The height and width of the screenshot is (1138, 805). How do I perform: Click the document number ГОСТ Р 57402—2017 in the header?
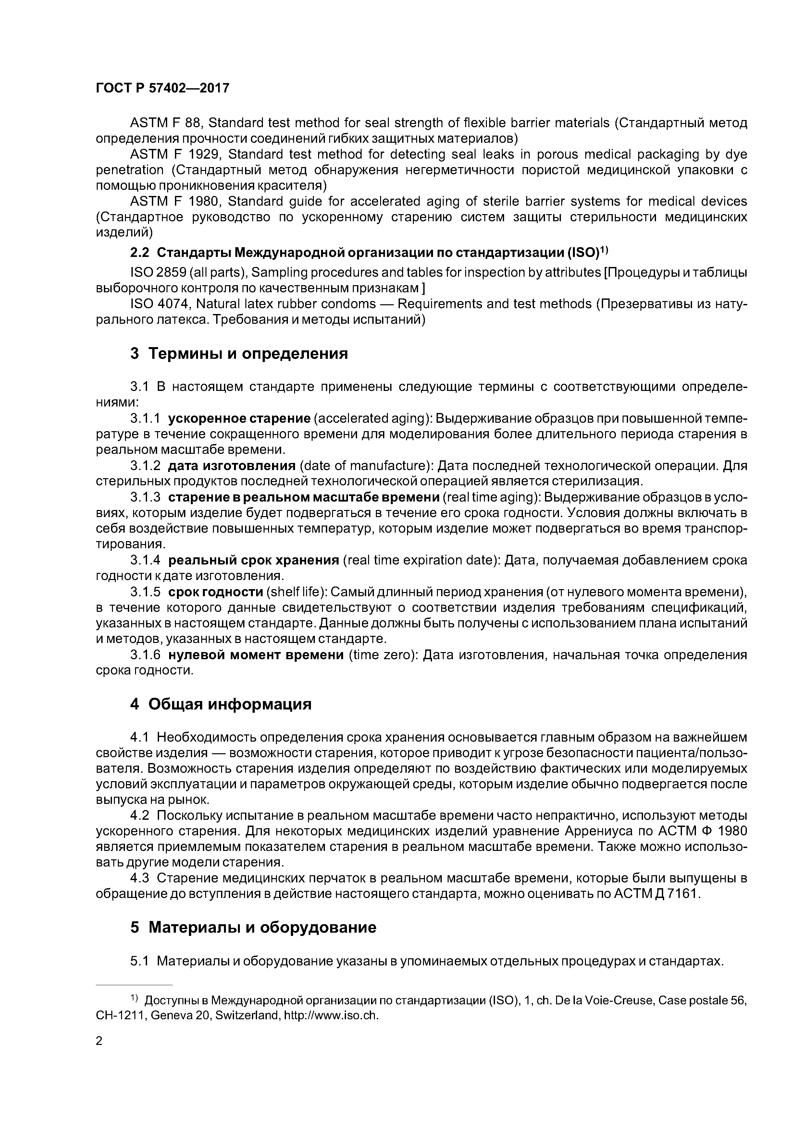point(162,88)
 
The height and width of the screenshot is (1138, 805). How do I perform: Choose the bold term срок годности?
point(215,592)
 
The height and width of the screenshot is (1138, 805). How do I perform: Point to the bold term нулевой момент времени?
point(255,655)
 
